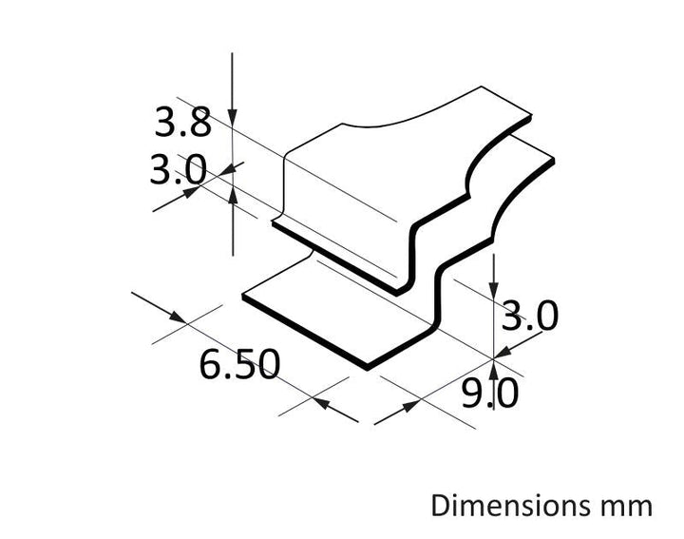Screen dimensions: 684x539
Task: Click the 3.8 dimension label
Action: [182, 123]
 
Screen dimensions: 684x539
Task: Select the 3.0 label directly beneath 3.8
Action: [178, 170]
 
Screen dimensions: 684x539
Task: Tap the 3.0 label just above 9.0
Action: [529, 316]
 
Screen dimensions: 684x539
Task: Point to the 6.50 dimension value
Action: [239, 363]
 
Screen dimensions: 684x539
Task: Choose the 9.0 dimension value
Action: [490, 393]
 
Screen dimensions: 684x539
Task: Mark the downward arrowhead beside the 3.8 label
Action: [233, 118]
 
